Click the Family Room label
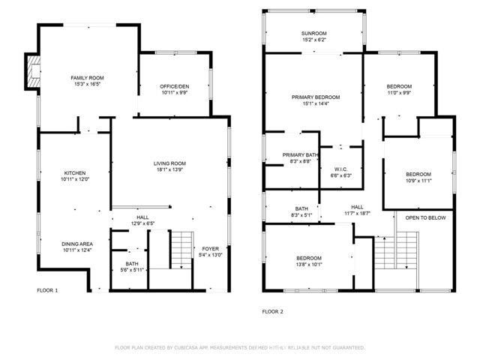(x=87, y=78)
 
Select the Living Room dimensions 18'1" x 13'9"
(x=169, y=170)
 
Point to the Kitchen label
(x=73, y=172)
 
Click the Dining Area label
(x=77, y=243)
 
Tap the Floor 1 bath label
(x=132, y=264)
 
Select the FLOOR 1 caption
(x=47, y=290)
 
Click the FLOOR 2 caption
(x=272, y=310)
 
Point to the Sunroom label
(x=315, y=33)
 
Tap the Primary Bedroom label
(x=316, y=97)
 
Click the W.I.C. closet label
(x=341, y=169)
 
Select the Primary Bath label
(x=301, y=154)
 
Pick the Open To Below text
(x=426, y=217)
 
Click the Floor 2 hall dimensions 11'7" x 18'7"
(x=358, y=214)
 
